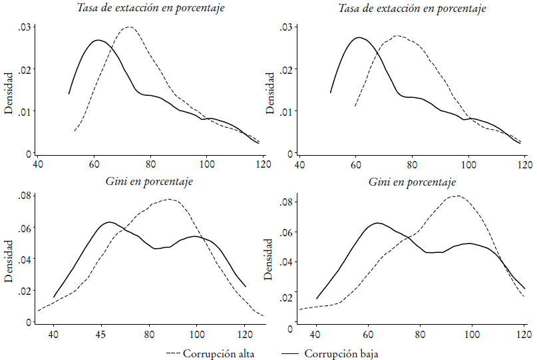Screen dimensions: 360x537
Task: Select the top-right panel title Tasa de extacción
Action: (x=412, y=9)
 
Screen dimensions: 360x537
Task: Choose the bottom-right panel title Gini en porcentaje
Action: (x=412, y=182)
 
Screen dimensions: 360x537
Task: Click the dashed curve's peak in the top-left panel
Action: (x=128, y=27)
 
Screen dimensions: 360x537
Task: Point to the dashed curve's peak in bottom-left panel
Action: (x=168, y=199)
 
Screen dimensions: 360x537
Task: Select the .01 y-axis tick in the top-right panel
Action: (x=287, y=111)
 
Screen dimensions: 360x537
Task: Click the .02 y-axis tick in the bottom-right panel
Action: (x=287, y=297)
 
